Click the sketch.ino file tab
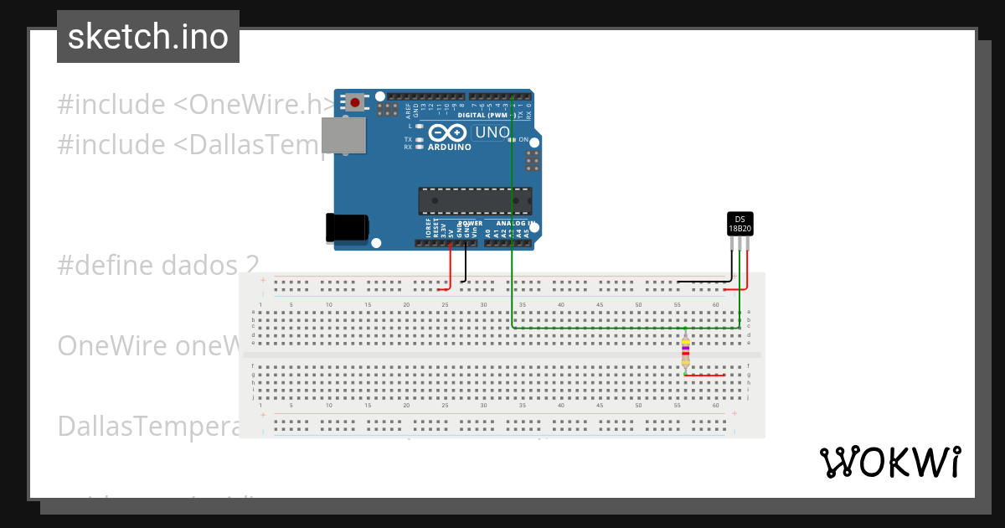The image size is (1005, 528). click(x=148, y=37)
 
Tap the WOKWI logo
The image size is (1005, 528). click(x=889, y=462)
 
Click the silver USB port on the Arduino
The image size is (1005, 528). click(x=343, y=136)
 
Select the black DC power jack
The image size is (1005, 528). click(x=347, y=228)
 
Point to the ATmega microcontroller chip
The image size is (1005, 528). click(x=475, y=201)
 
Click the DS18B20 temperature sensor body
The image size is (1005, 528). click(x=740, y=223)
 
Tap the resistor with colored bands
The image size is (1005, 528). click(x=686, y=352)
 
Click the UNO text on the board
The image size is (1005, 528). click(x=492, y=132)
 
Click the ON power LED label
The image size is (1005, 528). click(x=523, y=139)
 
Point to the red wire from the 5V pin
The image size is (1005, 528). click(x=451, y=268)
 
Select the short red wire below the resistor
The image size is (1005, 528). click(x=705, y=375)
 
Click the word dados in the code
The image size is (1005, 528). click(x=179, y=266)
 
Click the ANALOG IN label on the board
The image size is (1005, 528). click(x=513, y=224)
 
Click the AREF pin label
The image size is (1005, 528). click(x=409, y=106)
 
